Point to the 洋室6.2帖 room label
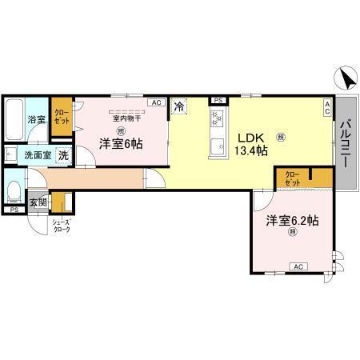293,220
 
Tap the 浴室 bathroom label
36,119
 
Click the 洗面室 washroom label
36,155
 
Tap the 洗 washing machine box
63,155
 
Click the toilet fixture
14,190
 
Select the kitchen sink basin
216,146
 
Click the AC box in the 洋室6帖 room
156,102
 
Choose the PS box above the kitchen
217,100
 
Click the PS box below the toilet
14,210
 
